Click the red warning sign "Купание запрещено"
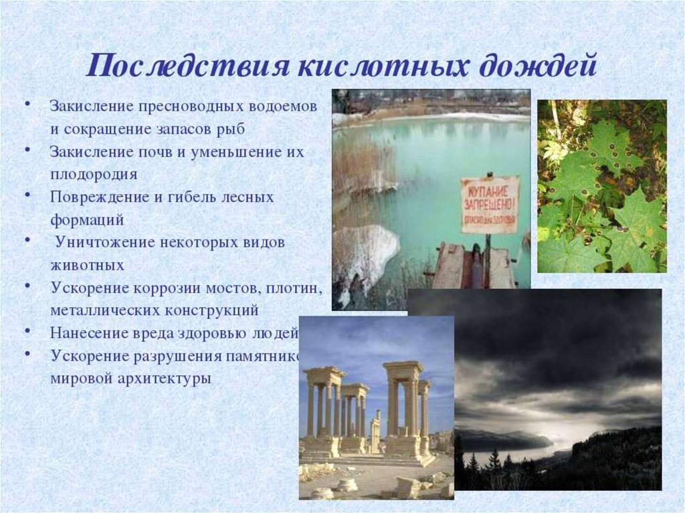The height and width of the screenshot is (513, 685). tap(490, 204)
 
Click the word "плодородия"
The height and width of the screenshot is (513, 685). tap(94, 174)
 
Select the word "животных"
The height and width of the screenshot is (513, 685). tap(87, 265)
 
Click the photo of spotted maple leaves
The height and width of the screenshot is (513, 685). tap(601, 186)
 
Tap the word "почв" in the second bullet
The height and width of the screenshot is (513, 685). tap(158, 151)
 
